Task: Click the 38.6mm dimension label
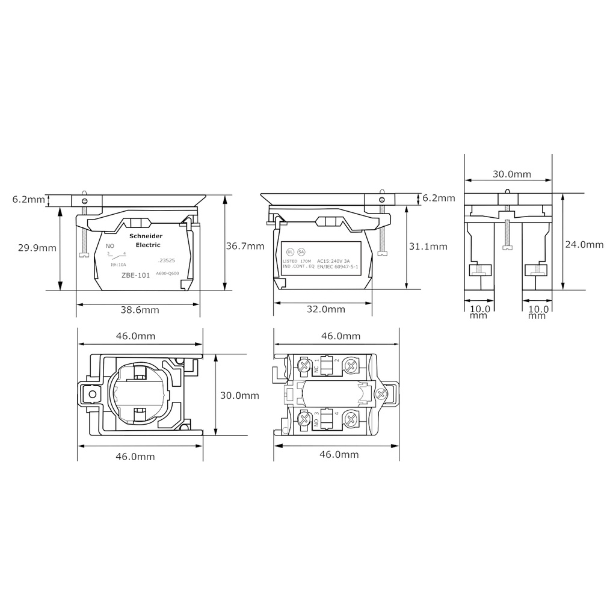pyautogui.click(x=139, y=310)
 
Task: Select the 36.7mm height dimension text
pyautogui.click(x=245, y=245)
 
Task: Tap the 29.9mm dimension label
pyautogui.click(x=37, y=247)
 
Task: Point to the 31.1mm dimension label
pyautogui.click(x=428, y=246)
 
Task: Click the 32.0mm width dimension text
pyautogui.click(x=325, y=309)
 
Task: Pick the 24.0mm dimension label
pyautogui.click(x=584, y=244)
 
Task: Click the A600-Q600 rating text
pyautogui.click(x=167, y=274)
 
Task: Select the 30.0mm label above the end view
pyautogui.click(x=512, y=174)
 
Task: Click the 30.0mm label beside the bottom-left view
pyautogui.click(x=239, y=395)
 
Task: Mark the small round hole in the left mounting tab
pyautogui.click(x=93, y=395)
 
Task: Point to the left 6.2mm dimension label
pyautogui.click(x=28, y=199)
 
